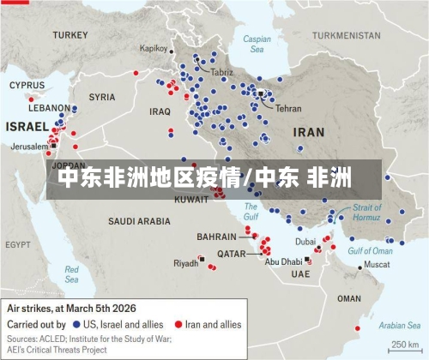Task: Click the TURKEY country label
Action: pyautogui.click(x=69, y=35)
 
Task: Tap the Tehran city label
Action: pyautogui.click(x=288, y=109)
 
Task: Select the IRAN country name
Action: pyautogui.click(x=308, y=133)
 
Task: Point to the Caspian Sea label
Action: pyautogui.click(x=257, y=44)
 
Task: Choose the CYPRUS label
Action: pyautogui.click(x=27, y=85)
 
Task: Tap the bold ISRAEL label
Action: pyautogui.click(x=27, y=126)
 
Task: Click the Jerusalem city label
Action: pyautogui.click(x=29, y=147)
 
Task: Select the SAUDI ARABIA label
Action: pyautogui.click(x=139, y=221)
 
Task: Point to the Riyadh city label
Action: pyautogui.click(x=185, y=263)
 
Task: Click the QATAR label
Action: pyautogui.click(x=232, y=254)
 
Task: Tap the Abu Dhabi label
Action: pyautogui.click(x=282, y=261)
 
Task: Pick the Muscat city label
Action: pyautogui.click(x=377, y=265)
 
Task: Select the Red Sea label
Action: pyautogui.click(x=71, y=274)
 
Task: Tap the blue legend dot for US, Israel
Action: pyautogui.click(x=77, y=326)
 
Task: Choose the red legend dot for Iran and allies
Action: pyautogui.click(x=179, y=326)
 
